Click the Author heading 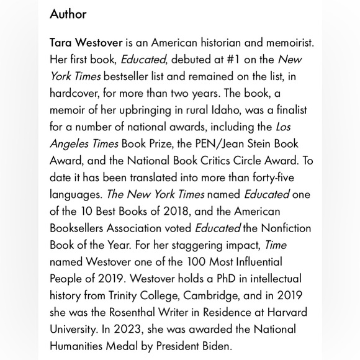[x=68, y=14]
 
